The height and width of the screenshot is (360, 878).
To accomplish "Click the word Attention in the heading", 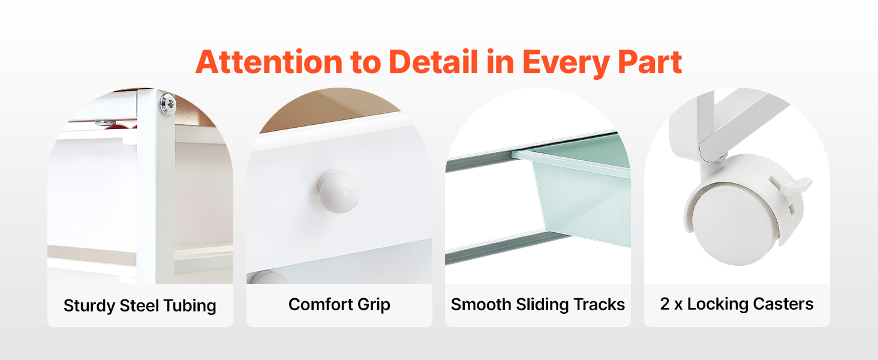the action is coord(269,62).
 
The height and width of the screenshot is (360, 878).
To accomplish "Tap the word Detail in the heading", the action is coord(434,62).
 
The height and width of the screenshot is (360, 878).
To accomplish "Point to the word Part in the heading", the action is coord(650,62).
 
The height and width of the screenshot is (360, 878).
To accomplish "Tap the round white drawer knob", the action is coord(339,191).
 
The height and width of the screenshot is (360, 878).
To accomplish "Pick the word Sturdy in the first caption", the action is coord(89,306).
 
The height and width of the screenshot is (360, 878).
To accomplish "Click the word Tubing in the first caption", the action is coord(190,306).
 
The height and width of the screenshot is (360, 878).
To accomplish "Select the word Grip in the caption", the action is coord(374,305).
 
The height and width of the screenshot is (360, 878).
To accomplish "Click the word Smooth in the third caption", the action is coord(481,305).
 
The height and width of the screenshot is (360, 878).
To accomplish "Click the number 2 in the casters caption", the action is coord(664,304).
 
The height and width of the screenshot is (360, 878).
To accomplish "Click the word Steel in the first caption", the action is coord(139,305).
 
